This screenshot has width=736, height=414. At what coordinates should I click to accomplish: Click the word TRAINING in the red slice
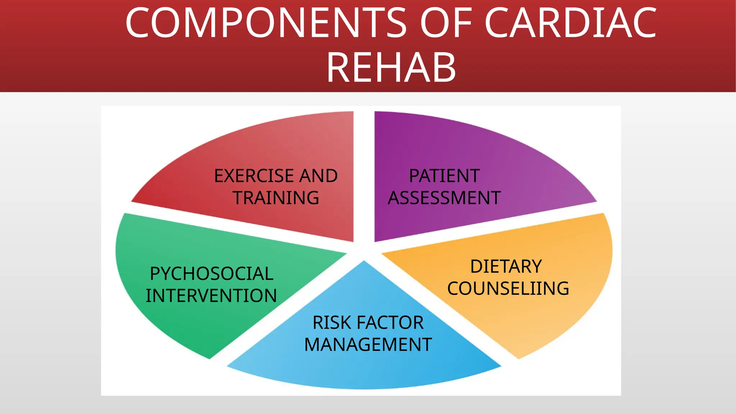point(276,198)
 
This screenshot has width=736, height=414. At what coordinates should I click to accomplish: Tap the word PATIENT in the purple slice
point(444,176)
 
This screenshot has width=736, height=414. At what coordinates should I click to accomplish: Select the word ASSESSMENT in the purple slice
point(444,198)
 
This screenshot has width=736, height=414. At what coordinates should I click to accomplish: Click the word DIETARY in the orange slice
point(506,267)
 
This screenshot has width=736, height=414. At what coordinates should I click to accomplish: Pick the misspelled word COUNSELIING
point(508,289)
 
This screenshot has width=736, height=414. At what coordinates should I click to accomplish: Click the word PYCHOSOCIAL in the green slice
point(212,274)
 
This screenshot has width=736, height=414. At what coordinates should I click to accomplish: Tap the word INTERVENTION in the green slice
point(211,296)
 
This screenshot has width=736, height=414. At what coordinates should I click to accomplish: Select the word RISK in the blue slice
point(326,323)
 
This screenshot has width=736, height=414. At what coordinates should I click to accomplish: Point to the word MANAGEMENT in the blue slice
point(368,345)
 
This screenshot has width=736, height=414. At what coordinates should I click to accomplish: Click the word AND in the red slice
point(318,176)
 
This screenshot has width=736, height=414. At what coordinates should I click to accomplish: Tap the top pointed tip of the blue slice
point(364,262)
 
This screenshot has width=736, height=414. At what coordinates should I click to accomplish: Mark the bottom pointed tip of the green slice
point(210,358)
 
